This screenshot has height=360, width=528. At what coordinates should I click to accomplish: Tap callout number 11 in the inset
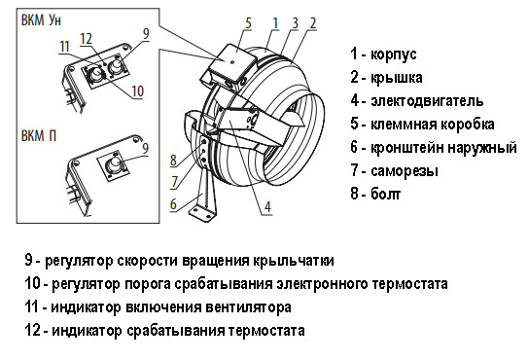point(64,47)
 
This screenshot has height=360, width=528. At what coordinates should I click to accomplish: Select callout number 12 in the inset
point(86,37)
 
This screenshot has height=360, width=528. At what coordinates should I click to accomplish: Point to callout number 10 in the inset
point(138,90)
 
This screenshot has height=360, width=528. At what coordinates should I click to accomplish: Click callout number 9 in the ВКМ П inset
point(146,149)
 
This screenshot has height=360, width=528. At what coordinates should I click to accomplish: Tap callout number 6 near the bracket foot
point(174,204)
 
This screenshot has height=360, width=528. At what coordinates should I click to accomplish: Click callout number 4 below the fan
point(266,205)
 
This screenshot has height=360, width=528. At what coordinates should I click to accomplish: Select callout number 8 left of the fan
point(172,160)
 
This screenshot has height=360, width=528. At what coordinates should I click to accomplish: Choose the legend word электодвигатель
point(427,101)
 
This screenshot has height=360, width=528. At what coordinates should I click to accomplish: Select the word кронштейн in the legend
point(407,148)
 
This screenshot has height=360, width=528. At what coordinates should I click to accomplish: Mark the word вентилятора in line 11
point(249,307)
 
